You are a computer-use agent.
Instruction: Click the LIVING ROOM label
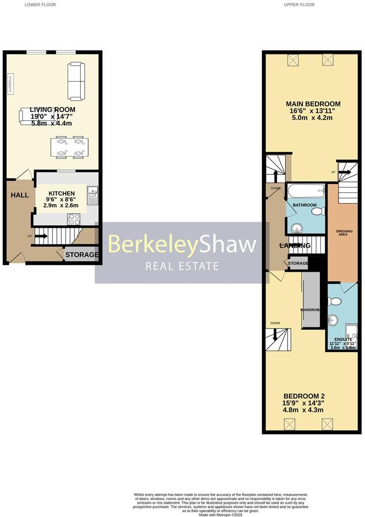tap(52, 110)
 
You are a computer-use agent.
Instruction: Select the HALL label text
tap(20, 195)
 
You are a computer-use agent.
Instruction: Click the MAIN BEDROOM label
tap(313, 104)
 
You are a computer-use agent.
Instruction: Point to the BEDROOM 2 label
tap(304, 396)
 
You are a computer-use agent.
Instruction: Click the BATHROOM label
tap(305, 205)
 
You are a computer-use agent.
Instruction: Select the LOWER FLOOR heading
tap(40, 4)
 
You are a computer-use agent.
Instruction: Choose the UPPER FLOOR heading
tap(299, 4)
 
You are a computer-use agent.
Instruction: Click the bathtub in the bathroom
tap(306, 190)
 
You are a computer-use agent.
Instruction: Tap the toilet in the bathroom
tap(318, 211)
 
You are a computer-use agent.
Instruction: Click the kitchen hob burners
tap(74, 219)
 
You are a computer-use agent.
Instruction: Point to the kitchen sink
tap(93, 196)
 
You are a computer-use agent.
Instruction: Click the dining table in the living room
tap(69, 147)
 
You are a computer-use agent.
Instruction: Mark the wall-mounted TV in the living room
tap(10, 83)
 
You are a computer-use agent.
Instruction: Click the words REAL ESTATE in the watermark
tap(182, 266)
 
